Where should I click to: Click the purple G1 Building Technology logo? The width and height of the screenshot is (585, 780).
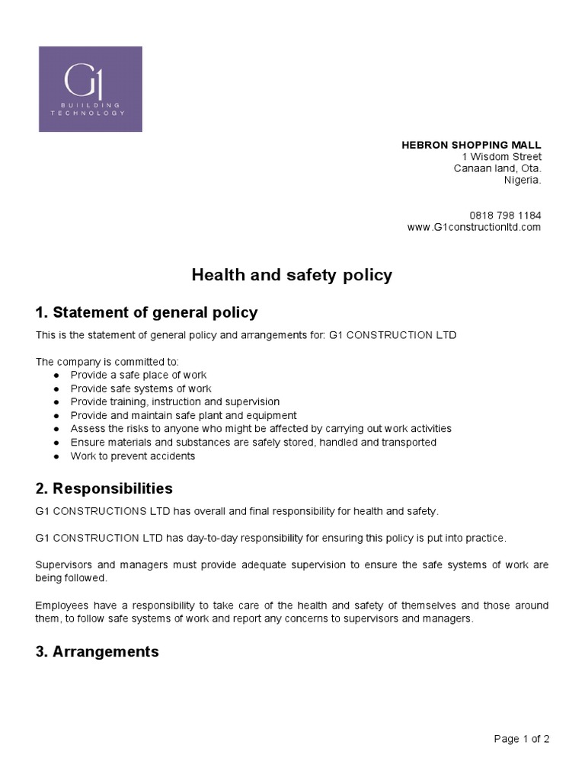tap(91, 89)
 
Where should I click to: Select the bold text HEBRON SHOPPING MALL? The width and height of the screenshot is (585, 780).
tap(472, 145)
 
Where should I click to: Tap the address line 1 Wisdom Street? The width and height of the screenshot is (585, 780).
tap(507, 157)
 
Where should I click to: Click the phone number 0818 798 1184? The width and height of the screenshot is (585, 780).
tap(506, 216)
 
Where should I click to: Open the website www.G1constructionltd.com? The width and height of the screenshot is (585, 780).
tap(474, 227)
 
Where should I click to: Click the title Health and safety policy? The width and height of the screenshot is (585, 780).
tap(292, 275)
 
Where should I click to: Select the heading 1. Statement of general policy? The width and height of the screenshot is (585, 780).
tap(146, 312)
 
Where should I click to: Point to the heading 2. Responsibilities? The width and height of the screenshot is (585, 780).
tap(104, 488)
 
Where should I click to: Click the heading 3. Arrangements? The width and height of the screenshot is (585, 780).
tap(97, 651)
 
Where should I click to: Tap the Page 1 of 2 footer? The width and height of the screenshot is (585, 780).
tap(522, 738)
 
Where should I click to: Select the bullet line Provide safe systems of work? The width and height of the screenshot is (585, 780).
tap(141, 388)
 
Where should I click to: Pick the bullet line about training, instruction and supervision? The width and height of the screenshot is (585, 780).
tap(175, 401)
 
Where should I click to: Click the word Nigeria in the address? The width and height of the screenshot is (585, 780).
tap(522, 181)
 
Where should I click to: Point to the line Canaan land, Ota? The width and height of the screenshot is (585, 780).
tap(497, 168)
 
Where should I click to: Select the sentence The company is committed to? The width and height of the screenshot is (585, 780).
tap(107, 362)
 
